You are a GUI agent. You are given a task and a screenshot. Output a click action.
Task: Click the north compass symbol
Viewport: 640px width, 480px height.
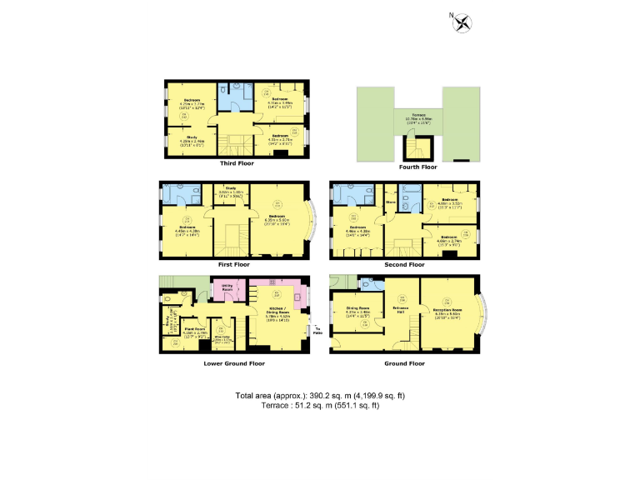[460, 22]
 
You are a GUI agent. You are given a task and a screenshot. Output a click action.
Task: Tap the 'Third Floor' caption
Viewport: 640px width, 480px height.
[236, 163]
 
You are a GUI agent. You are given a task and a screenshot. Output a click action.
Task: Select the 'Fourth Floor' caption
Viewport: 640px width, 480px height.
[417, 167]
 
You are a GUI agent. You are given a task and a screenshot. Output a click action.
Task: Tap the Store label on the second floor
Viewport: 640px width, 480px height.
[390, 202]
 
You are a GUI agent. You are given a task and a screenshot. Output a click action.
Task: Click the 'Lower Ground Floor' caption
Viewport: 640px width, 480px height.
[234, 363]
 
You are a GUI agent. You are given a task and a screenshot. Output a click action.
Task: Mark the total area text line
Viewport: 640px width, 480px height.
[320, 395]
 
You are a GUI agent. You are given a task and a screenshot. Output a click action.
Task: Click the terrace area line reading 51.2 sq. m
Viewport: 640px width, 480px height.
[320, 405]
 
